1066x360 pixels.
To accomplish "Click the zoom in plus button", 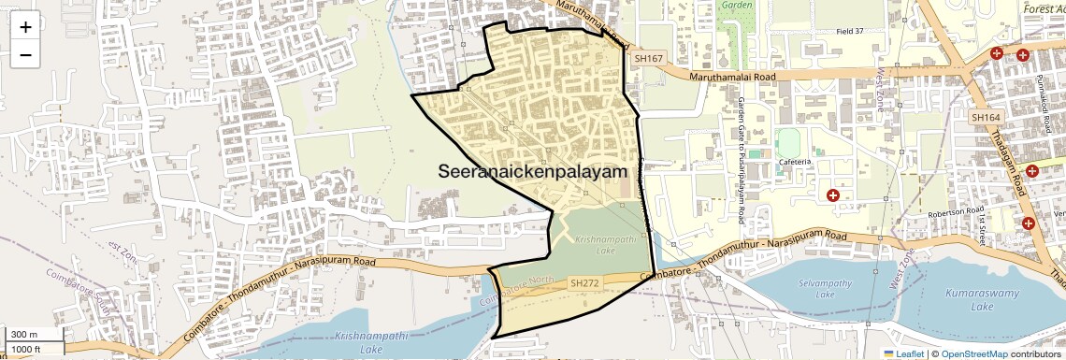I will click(25, 27).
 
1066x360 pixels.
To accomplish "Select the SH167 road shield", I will click(648, 59).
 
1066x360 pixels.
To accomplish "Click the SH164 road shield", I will click(986, 118).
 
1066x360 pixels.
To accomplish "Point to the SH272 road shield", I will click(583, 282).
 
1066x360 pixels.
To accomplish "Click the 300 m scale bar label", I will click(24, 335).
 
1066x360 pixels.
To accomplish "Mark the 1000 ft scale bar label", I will click(27, 349).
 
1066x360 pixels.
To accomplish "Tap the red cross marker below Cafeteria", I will click(832, 195).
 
